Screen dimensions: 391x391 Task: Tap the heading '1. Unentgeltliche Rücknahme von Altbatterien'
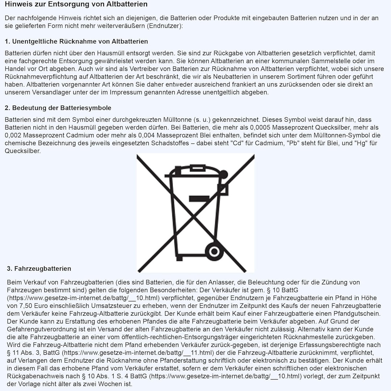[76, 41]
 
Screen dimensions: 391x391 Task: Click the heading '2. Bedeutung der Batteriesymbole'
[58, 108]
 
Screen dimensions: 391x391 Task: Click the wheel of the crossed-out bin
[212, 251]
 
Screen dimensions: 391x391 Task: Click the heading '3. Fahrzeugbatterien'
[39, 269]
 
